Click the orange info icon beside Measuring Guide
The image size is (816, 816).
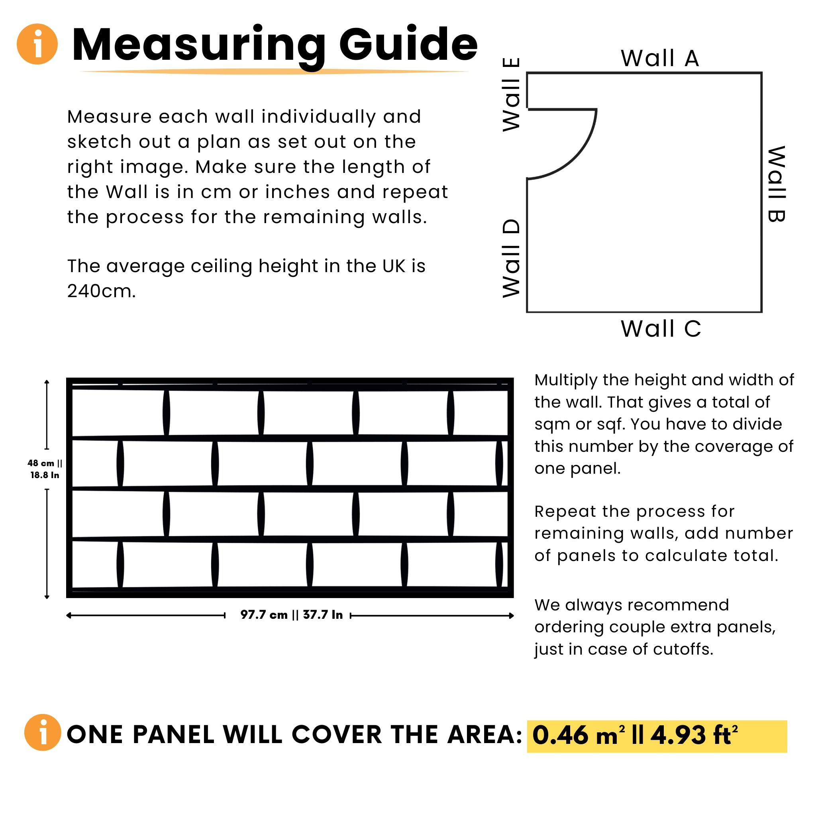tap(37, 44)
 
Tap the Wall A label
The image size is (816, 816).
tap(660, 58)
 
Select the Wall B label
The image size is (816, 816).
tap(776, 184)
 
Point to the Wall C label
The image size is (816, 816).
tap(661, 329)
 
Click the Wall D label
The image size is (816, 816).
tap(511, 259)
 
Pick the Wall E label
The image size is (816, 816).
tap(511, 94)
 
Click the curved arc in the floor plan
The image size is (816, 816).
tap(579, 156)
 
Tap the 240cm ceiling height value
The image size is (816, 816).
tap(101, 291)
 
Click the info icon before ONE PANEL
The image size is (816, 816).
tap(42, 732)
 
